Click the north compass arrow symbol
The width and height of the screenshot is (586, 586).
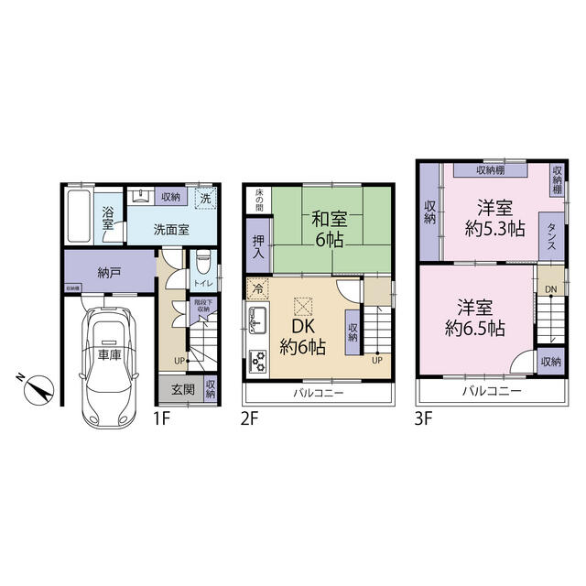click(x=37, y=389)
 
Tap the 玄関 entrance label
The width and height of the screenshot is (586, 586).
click(x=182, y=388)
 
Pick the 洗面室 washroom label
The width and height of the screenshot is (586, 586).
click(x=170, y=230)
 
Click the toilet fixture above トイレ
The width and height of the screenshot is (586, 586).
click(x=203, y=258)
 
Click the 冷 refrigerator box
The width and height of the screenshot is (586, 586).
click(x=257, y=288)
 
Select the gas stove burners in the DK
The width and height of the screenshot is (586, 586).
click(x=257, y=359)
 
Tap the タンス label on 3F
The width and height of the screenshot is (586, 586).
click(x=553, y=233)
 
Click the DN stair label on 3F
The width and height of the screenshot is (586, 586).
click(x=549, y=290)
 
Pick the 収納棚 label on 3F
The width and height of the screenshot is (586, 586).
click(x=493, y=170)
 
